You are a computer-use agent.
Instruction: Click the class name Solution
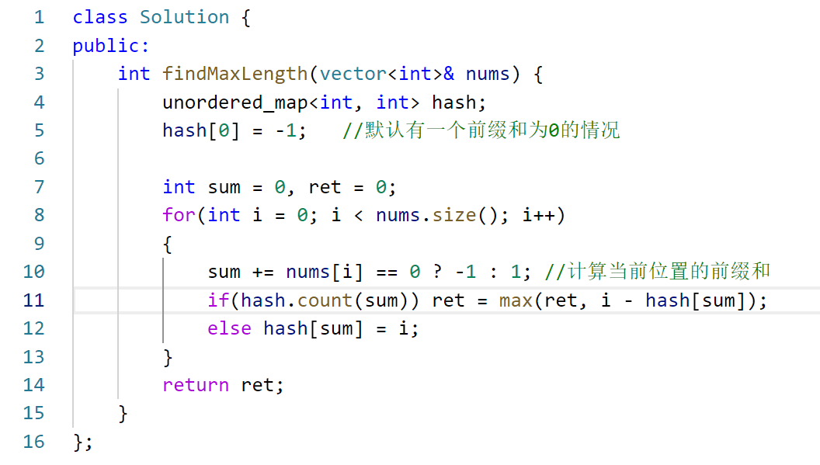pyautogui.click(x=184, y=17)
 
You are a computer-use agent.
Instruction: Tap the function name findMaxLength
pyautogui.click(x=235, y=74)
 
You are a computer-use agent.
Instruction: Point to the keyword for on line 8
pyautogui.click(x=179, y=215)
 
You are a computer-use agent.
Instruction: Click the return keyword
pyautogui.click(x=195, y=385)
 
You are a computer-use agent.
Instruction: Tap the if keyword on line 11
pyautogui.click(x=218, y=300)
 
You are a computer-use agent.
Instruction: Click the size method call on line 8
pyautogui.click(x=453, y=215)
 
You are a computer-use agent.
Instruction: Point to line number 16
pyautogui.click(x=33, y=442)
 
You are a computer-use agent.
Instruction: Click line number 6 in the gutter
pyautogui.click(x=39, y=158)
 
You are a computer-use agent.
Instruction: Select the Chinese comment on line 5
pyautogui.click(x=481, y=130)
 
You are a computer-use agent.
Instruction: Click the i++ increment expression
pyautogui.click(x=538, y=215)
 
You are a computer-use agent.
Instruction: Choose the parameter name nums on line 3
pyautogui.click(x=488, y=74)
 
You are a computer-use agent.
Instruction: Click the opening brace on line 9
pyautogui.click(x=167, y=244)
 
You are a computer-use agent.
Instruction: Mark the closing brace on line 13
pyautogui.click(x=167, y=357)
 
